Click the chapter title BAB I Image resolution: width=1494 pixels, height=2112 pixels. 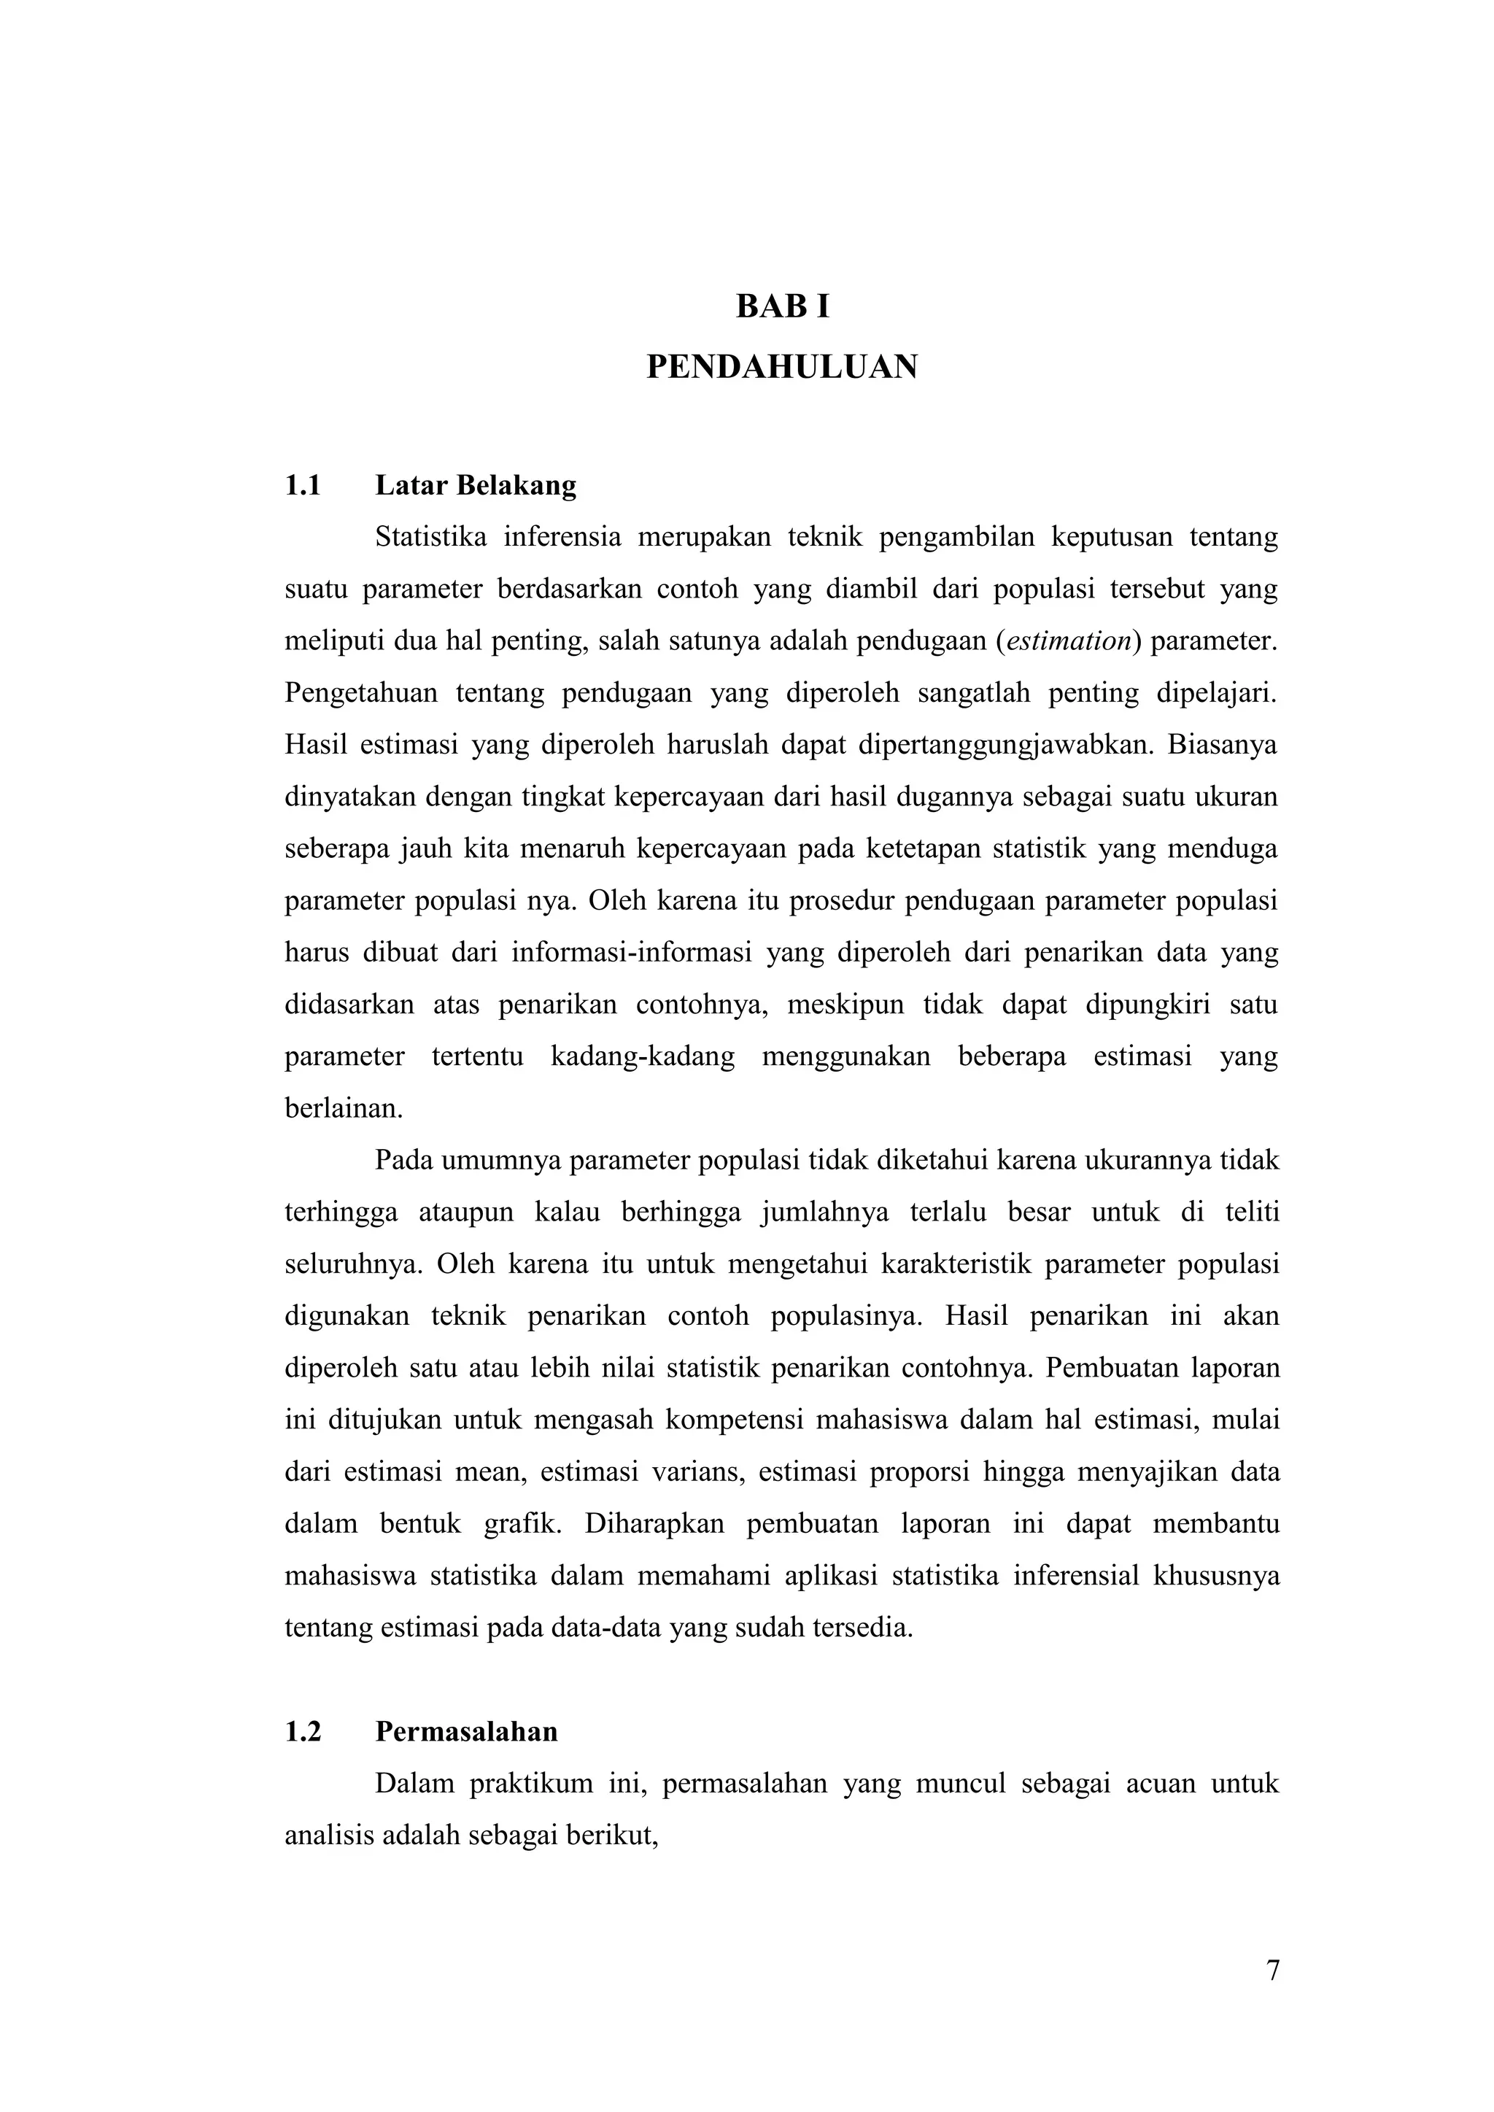782,307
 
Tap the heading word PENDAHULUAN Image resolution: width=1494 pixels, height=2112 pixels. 782,367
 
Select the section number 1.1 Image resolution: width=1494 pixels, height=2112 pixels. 303,486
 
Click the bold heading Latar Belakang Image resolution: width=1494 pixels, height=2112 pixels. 476,486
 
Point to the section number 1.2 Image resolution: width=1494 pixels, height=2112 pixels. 303,1732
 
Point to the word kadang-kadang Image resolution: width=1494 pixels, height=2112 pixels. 642,1057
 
